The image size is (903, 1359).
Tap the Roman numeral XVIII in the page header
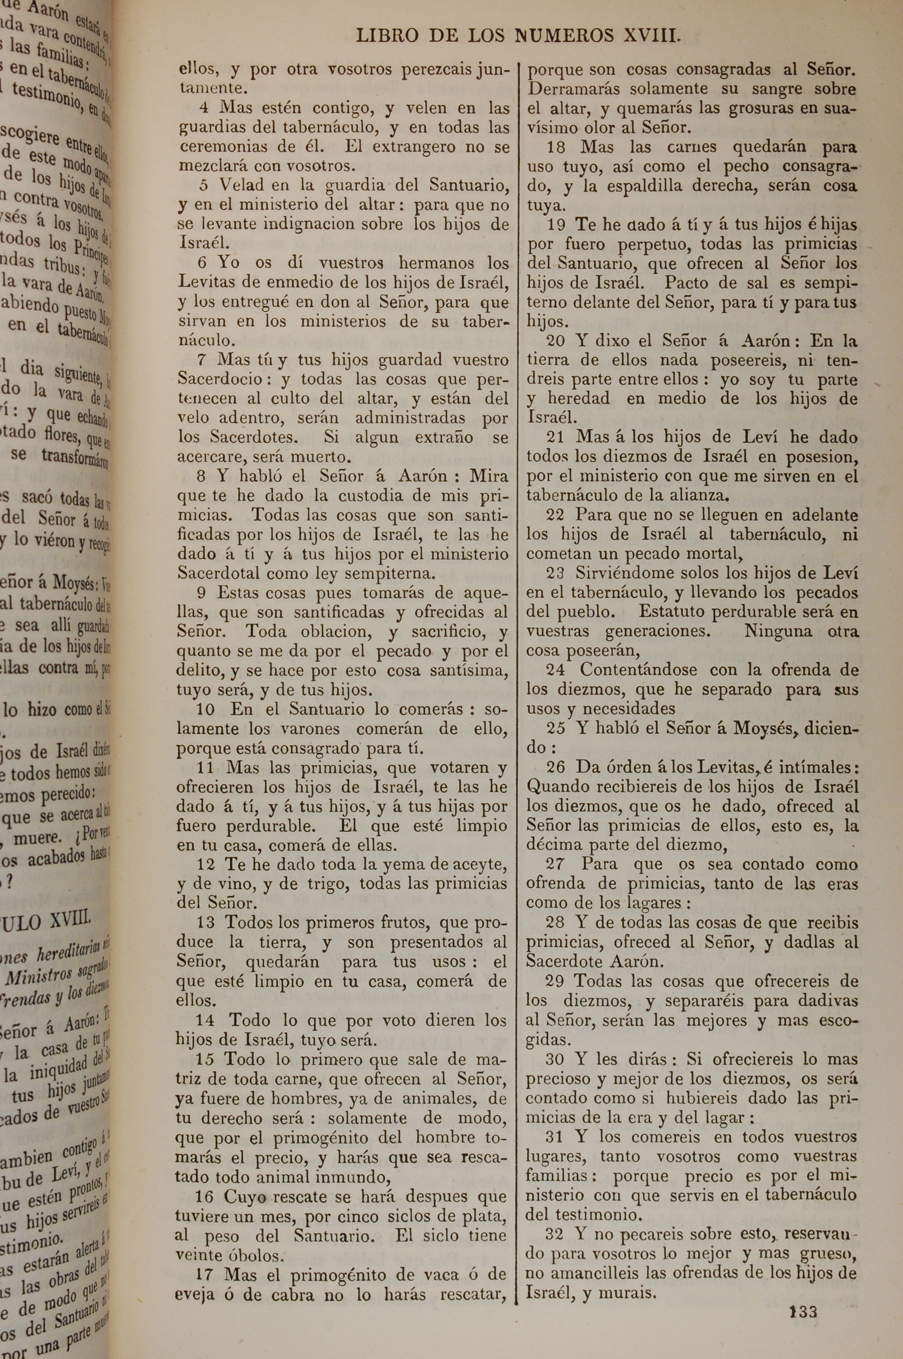[x=652, y=36]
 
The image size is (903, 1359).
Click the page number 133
[x=803, y=1296]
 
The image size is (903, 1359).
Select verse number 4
[x=204, y=108]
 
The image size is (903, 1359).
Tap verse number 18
[x=556, y=147]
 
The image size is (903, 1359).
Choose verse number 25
[x=556, y=728]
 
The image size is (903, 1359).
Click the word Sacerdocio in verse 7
[x=221, y=380]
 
